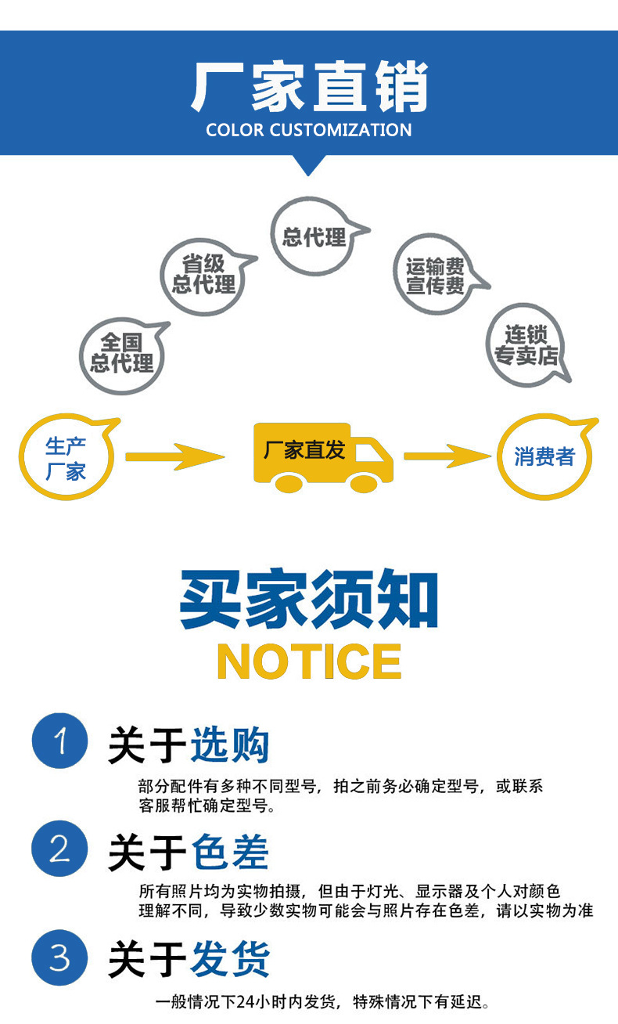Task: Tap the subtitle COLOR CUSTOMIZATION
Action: [x=309, y=130]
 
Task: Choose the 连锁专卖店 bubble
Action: [x=526, y=346]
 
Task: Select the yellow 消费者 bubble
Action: [x=544, y=457]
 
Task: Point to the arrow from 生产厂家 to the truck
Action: [x=174, y=456]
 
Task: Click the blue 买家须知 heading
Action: [x=309, y=600]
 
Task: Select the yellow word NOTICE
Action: [x=309, y=662]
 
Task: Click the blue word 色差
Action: [x=230, y=852]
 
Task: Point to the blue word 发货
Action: [x=230, y=959]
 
